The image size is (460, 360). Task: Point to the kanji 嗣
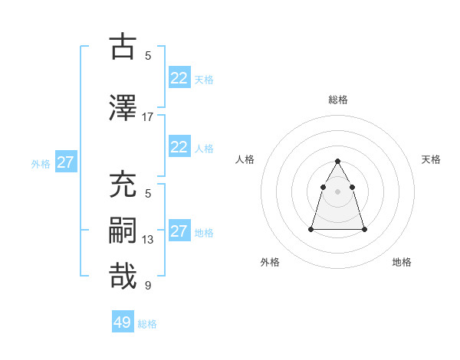tap(123, 231)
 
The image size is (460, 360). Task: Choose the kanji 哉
tap(123, 276)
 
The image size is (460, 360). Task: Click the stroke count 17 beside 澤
tap(148, 117)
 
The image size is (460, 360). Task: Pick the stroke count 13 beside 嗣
tap(148, 240)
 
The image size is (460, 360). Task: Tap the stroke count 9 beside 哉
tap(148, 286)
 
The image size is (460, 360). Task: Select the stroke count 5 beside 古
tap(148, 55)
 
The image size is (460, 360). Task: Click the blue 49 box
tap(123, 322)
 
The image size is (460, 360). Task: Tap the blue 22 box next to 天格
tap(179, 78)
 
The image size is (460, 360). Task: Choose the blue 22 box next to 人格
tap(179, 147)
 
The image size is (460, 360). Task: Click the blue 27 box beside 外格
tap(65, 162)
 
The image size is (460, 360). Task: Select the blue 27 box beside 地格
tap(179, 231)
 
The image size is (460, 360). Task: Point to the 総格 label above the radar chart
tap(338, 100)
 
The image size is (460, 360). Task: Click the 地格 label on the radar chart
tap(402, 262)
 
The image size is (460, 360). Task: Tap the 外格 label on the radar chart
tap(270, 262)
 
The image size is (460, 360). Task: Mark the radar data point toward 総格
tap(338, 161)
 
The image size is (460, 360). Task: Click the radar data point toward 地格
tap(364, 229)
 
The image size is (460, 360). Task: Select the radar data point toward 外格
tap(311, 229)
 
